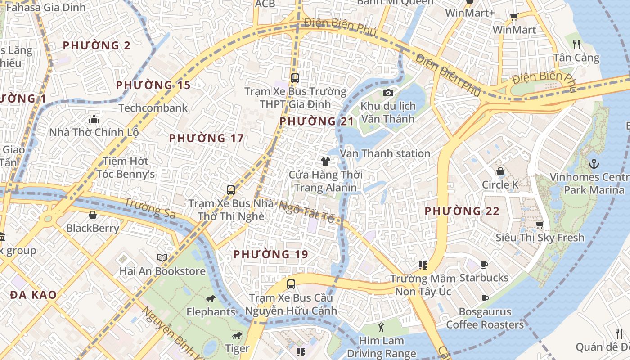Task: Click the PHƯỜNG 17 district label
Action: (x=206, y=139)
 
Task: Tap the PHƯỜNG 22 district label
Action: (x=462, y=211)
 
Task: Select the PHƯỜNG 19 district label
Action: (x=270, y=254)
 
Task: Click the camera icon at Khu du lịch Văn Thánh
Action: (x=388, y=93)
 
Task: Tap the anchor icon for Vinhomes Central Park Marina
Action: (x=594, y=163)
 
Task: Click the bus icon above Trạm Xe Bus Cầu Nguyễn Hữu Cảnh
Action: (x=291, y=284)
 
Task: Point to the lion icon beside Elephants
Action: (x=210, y=299)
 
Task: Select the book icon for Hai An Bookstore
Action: (x=162, y=257)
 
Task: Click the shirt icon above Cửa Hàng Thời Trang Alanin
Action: (x=326, y=161)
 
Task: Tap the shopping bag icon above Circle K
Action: (x=500, y=171)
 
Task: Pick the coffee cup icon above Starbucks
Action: (x=484, y=265)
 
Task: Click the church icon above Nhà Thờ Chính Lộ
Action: (x=94, y=119)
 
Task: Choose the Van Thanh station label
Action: (x=385, y=153)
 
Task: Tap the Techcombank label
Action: (x=153, y=108)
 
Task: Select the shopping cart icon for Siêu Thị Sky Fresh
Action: (x=540, y=224)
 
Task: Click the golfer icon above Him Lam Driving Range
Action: (x=382, y=327)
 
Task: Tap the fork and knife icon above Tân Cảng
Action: (x=576, y=44)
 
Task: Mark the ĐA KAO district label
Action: (x=33, y=295)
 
